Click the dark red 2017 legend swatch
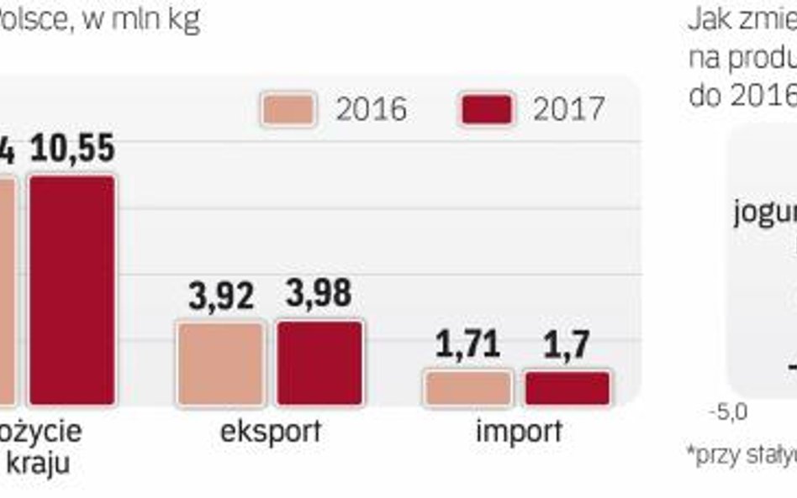(x=487, y=110)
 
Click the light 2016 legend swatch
(x=288, y=110)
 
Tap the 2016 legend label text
(x=371, y=110)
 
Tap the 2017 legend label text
(x=568, y=110)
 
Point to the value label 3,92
(x=220, y=296)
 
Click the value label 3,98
(x=319, y=295)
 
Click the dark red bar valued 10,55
(x=72, y=290)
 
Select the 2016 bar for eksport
(x=220, y=363)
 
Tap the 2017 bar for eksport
(x=319, y=363)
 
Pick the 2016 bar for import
(x=468, y=388)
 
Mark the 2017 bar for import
(x=567, y=388)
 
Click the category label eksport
(x=270, y=432)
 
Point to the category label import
(x=519, y=432)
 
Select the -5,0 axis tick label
(x=727, y=413)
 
